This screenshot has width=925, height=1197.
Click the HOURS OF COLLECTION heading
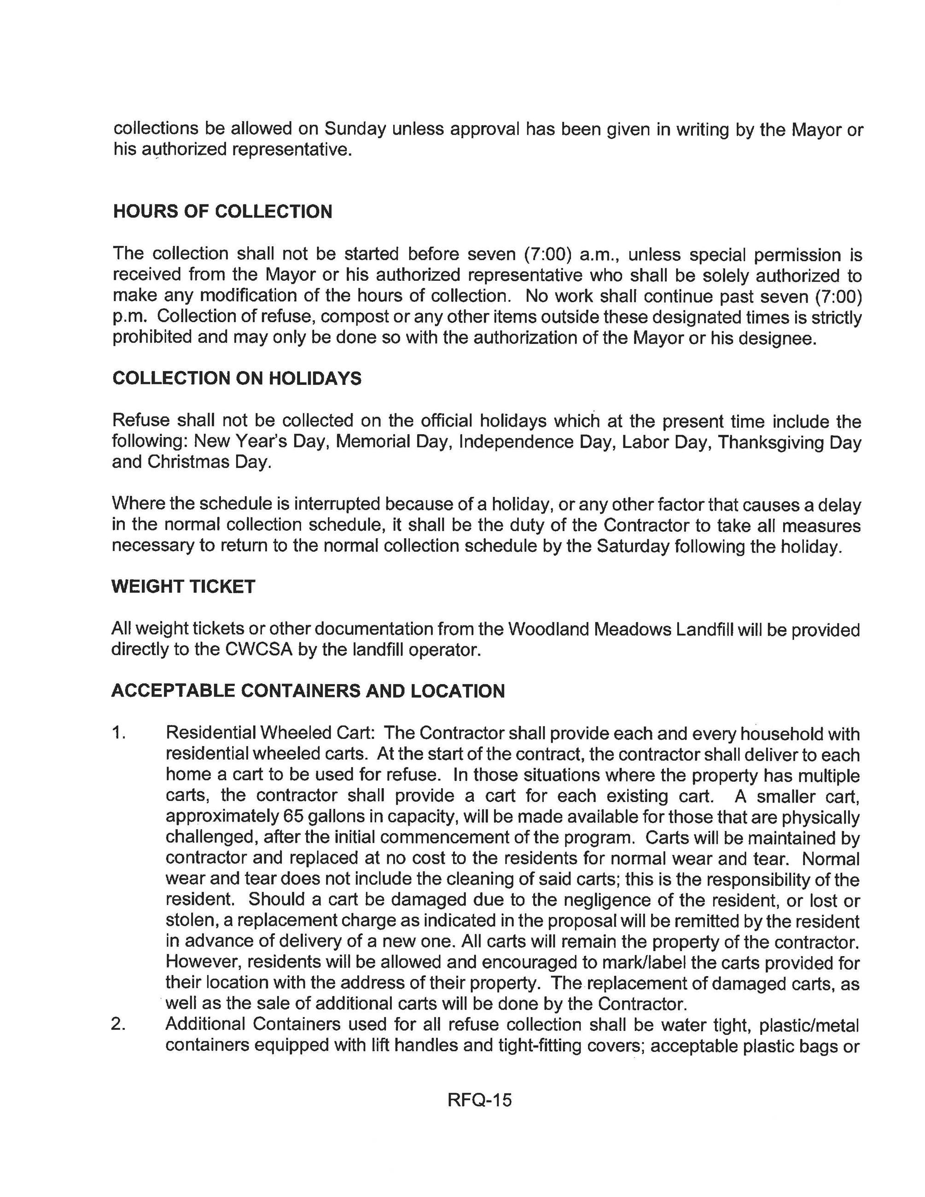(222, 212)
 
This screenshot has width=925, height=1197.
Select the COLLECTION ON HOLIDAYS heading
(237, 378)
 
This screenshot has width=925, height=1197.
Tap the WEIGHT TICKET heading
(183, 587)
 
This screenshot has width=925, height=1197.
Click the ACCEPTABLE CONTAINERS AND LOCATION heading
(308, 691)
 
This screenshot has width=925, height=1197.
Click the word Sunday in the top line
(355, 129)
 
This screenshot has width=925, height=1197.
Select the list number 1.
(119, 733)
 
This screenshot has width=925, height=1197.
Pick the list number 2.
(119, 1024)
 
